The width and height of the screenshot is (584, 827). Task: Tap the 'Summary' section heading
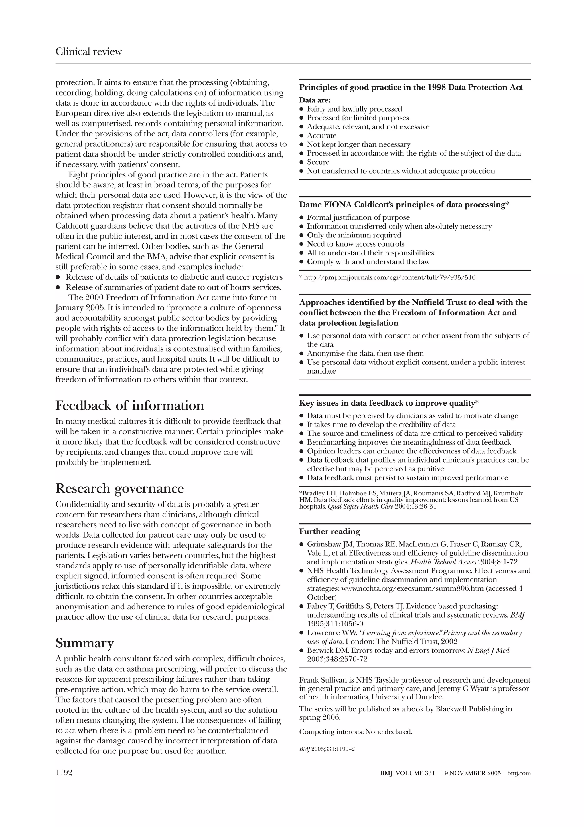pos(85,643)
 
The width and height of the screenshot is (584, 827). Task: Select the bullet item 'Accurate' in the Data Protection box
pos(321,136)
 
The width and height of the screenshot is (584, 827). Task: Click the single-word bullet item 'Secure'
pos(318,162)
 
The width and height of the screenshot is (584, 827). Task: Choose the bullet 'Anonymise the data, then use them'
pos(365,353)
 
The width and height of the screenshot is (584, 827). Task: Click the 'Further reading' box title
pos(330,532)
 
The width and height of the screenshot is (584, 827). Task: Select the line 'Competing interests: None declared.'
pos(356,732)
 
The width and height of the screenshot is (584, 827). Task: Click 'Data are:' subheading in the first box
pos(315,100)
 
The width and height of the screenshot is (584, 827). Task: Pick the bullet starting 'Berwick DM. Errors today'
pos(408,651)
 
